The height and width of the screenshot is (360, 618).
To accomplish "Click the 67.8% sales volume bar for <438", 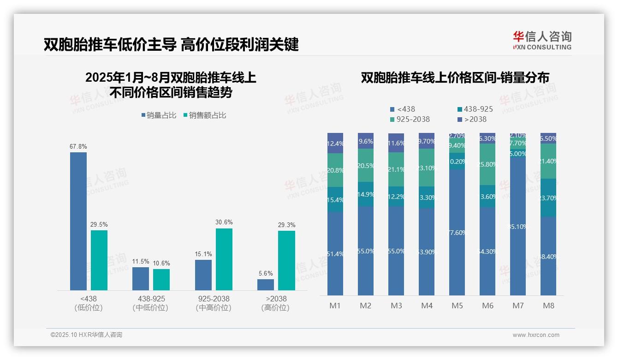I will [78, 221].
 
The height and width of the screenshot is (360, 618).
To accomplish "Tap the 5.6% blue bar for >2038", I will [266, 284].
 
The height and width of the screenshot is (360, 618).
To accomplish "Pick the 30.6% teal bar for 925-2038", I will [224, 259].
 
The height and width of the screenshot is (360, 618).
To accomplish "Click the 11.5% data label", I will [141, 262].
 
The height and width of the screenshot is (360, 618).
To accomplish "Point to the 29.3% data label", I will [287, 225].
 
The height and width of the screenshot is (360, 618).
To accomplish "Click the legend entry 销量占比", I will [159, 115].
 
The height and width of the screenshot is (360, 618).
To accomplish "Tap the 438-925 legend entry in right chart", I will [475, 109].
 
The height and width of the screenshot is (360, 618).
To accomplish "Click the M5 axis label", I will [457, 306].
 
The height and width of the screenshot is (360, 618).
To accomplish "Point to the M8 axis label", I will [548, 306].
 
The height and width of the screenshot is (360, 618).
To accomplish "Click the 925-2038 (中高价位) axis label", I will [213, 303].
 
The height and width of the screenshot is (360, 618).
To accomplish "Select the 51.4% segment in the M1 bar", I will [335, 253].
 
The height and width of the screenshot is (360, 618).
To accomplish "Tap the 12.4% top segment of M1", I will [335, 143].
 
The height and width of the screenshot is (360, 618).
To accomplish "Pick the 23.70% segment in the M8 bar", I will [548, 198].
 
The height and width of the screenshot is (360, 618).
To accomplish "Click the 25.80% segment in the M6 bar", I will [487, 164].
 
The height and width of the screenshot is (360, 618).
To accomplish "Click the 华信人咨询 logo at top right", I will [542, 40].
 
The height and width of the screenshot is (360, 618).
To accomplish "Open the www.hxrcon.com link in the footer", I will [536, 335].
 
